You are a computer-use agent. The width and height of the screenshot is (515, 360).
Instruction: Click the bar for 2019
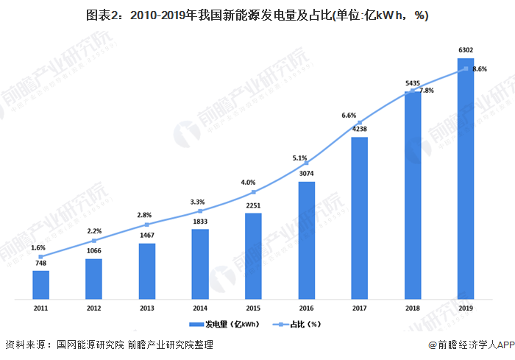(x=466, y=179)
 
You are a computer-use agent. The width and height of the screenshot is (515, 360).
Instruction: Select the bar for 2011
(x=40, y=285)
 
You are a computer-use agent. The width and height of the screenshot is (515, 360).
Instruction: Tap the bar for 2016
(x=306, y=240)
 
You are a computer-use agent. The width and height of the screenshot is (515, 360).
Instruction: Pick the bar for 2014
(x=200, y=264)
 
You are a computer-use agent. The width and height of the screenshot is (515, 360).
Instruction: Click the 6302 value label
(x=466, y=50)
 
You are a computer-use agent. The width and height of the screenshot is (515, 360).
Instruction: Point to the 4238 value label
(x=360, y=129)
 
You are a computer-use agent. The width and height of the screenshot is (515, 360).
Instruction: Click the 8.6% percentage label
(x=480, y=69)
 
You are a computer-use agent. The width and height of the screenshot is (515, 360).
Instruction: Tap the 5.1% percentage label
(x=299, y=158)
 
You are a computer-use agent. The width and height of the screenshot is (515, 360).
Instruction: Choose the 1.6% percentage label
(x=38, y=247)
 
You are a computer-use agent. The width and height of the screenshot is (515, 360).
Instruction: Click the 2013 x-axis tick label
(x=147, y=307)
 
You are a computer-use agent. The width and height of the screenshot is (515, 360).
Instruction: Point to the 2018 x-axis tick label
(x=413, y=307)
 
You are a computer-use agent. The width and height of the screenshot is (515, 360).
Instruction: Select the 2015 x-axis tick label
(x=253, y=307)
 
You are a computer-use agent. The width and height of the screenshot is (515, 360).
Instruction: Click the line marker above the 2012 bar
(x=94, y=240)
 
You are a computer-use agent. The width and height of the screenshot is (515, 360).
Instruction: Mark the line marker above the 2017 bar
(x=360, y=122)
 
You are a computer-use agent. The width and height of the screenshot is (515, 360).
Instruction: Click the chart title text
(x=257, y=15)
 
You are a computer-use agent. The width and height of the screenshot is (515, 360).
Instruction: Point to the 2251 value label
(x=253, y=205)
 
